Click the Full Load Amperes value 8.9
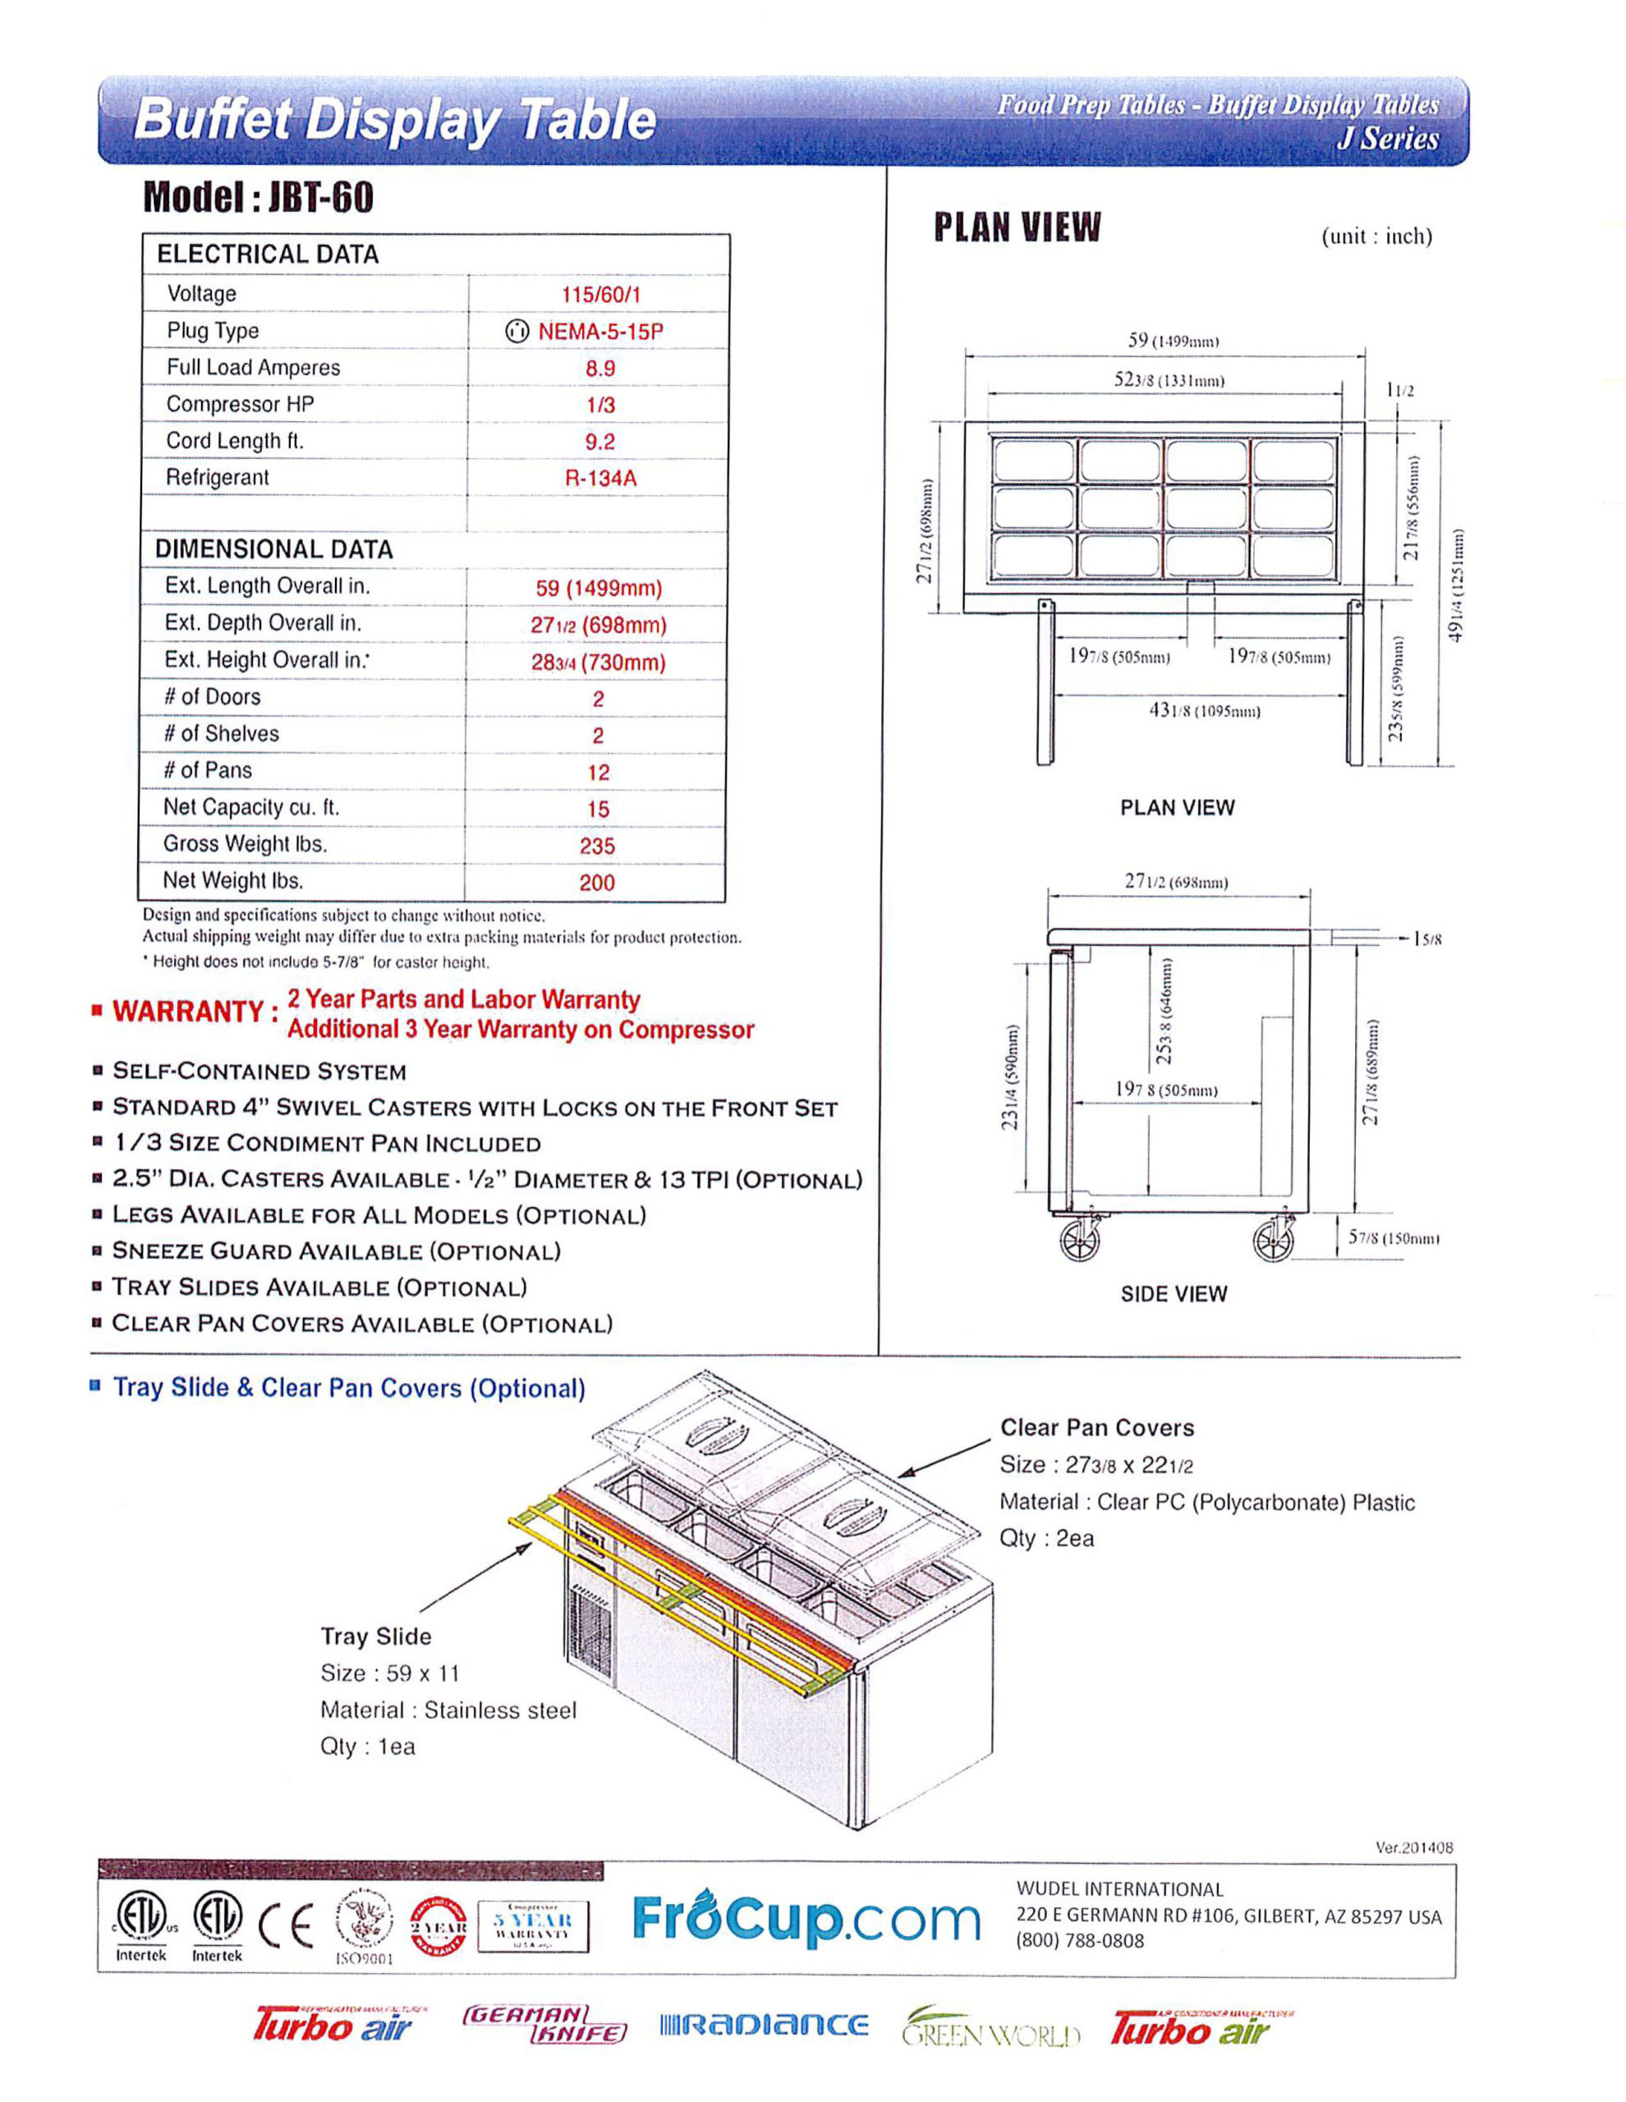(x=599, y=368)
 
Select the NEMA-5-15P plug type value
(x=599, y=331)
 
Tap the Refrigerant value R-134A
(x=599, y=479)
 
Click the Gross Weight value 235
(x=597, y=846)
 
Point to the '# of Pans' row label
(x=208, y=771)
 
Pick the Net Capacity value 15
(x=598, y=810)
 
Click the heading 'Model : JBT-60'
(x=258, y=197)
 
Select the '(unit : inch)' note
(x=1376, y=236)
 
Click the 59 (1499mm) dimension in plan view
(x=1174, y=341)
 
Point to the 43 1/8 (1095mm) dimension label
(x=1203, y=711)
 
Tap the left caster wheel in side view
(x=1080, y=1241)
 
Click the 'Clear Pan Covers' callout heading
(x=1096, y=1428)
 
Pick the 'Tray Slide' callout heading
(x=375, y=1637)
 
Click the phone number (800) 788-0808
(x=1080, y=1941)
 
